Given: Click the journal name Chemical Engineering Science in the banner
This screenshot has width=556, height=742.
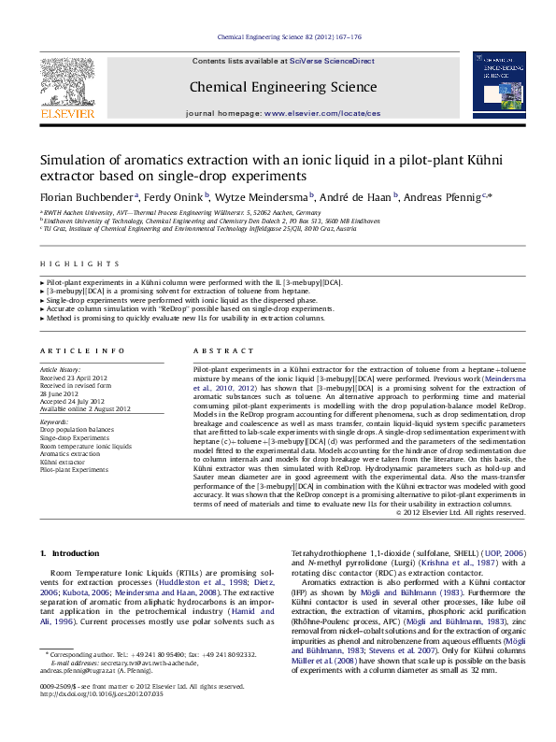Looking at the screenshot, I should coord(283,88).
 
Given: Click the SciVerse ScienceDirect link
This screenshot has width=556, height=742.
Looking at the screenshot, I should coord(331,61).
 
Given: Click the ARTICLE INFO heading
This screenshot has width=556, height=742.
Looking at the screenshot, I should coord(81,351).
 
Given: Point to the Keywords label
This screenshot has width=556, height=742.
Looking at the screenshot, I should coord(55,421).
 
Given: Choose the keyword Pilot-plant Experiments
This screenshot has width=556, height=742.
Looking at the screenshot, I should coord(74,470).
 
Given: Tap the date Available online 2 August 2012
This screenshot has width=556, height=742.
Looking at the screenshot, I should coord(85,408).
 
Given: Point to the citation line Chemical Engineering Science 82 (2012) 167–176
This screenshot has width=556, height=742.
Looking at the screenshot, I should coord(289,37).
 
